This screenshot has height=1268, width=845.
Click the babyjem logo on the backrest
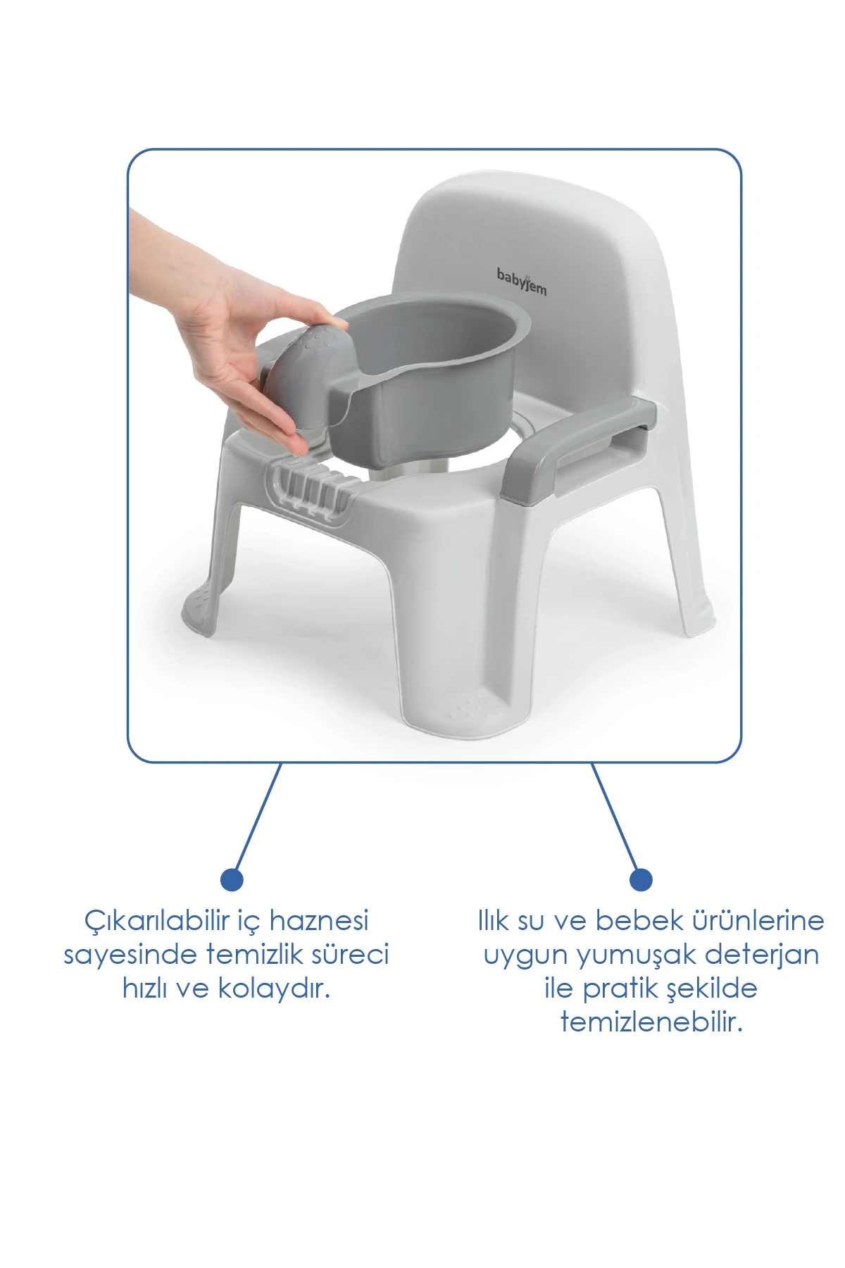click(521, 281)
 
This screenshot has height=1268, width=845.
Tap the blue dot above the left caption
click(232, 879)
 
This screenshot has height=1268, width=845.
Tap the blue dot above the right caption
click(641, 879)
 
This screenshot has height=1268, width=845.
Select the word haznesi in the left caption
click(320, 920)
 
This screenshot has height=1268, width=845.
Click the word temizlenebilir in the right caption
click(651, 1022)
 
